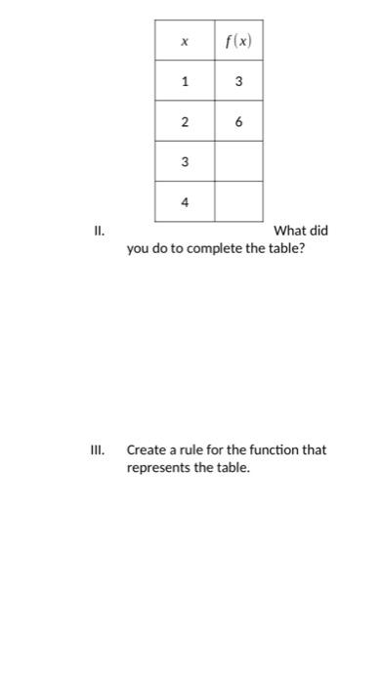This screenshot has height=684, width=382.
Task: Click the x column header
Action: click(x=184, y=41)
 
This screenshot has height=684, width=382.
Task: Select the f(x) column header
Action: click(x=238, y=41)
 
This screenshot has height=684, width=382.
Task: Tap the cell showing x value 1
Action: click(x=184, y=82)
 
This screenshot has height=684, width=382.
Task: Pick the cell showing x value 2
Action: click(x=184, y=122)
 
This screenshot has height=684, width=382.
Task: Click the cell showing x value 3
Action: click(x=184, y=162)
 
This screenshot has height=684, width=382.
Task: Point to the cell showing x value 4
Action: click(x=184, y=202)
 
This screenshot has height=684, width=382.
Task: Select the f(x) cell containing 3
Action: click(x=238, y=82)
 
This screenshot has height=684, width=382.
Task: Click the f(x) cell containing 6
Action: click(x=238, y=122)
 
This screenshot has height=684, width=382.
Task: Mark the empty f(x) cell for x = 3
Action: click(x=238, y=162)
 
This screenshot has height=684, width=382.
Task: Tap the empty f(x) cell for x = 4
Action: click(x=238, y=202)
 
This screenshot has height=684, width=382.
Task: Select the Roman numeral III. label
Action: click(x=97, y=450)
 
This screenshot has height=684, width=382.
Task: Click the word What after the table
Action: click(x=291, y=232)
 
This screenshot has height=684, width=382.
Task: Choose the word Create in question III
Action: click(x=147, y=450)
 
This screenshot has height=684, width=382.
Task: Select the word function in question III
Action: click(x=272, y=450)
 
